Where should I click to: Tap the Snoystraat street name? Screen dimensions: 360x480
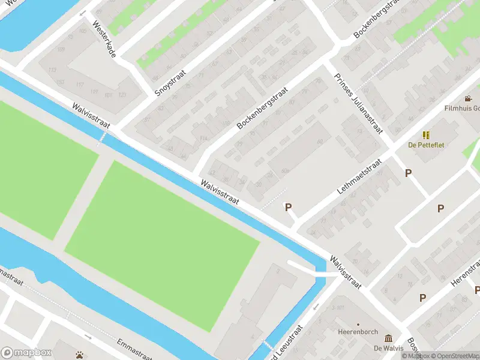pos(170,82)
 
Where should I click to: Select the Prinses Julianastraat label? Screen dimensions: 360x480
pos(358,108)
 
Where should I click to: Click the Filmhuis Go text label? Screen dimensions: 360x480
pos(461,109)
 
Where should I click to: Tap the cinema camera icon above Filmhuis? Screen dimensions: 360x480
pos(468,98)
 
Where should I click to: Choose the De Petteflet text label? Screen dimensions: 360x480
pos(426,145)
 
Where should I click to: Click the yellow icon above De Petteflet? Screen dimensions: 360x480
pos(426,135)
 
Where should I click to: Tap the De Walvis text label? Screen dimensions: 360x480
pos(387,348)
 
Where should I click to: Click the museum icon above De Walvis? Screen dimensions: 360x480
pos(388,338)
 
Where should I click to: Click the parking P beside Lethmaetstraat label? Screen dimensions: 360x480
pos(288,207)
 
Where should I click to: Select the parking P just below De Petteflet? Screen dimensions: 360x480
pos(409,173)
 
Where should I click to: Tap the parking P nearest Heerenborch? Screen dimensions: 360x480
pos(422,298)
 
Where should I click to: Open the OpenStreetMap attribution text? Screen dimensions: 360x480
pos(454,356)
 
